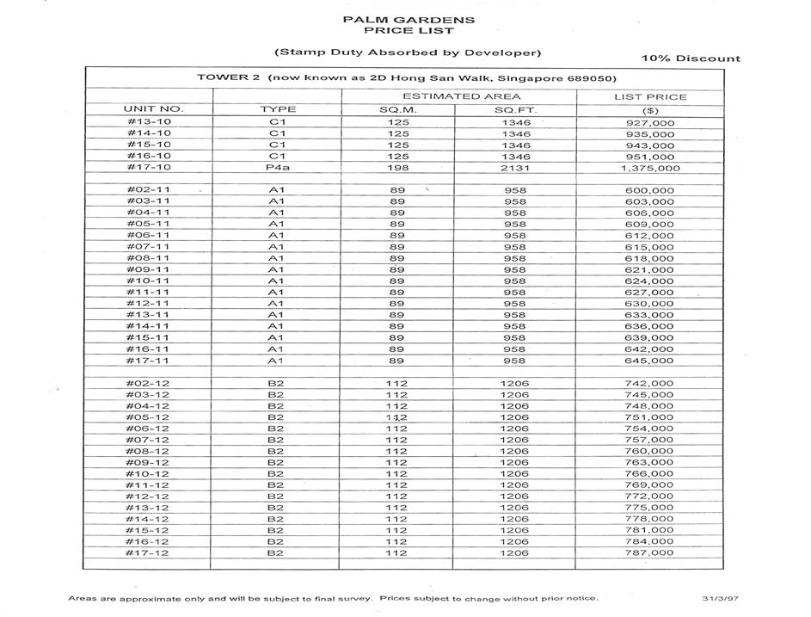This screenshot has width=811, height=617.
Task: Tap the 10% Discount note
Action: [691, 59]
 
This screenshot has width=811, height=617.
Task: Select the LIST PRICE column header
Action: [650, 96]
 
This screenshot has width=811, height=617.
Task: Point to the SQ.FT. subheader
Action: [513, 109]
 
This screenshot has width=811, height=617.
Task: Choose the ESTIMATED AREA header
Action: [461, 96]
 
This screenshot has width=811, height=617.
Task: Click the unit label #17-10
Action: [148, 168]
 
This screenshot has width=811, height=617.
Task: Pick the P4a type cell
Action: [277, 168]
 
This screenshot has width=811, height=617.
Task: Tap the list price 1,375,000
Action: [650, 169]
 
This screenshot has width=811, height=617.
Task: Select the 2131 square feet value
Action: [514, 168]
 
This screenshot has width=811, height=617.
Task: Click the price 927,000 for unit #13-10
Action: [650, 123]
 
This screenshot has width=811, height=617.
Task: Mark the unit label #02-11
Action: [148, 189]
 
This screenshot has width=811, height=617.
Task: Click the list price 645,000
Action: [650, 361]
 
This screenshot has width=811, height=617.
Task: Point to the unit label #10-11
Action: [148, 281]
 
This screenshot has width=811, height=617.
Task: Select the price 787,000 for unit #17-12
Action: [650, 553]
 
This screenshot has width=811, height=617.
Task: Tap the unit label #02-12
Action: [148, 383]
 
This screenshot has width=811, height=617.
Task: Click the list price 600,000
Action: [650, 190]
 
